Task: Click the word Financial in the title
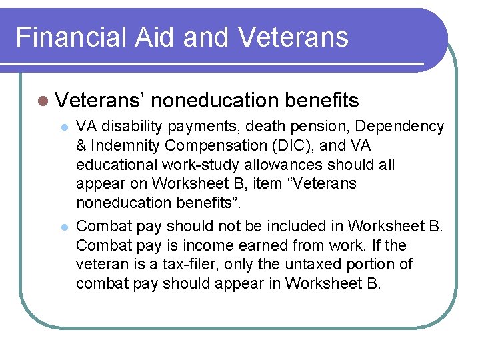(x=63, y=37)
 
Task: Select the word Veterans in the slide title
(x=293, y=37)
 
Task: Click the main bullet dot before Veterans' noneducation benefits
(x=43, y=101)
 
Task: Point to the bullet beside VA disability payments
(x=64, y=126)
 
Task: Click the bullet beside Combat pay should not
(x=64, y=227)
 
